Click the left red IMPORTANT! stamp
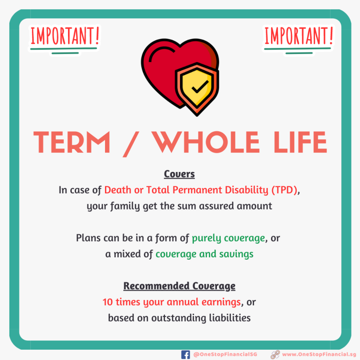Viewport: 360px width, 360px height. click(65, 36)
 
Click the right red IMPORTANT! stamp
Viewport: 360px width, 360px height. click(299, 36)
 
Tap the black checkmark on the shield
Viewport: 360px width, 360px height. click(200, 87)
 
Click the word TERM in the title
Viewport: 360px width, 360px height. click(72, 142)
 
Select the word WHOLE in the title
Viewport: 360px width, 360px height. click(206, 142)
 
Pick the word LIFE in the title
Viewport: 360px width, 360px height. click(300, 142)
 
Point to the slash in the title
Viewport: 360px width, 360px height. click(131, 144)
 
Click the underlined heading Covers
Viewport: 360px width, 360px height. click(180, 174)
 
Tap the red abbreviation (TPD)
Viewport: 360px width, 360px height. click(284, 190)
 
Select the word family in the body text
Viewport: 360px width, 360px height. click(125, 206)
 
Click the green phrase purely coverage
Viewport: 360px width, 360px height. click(228, 238)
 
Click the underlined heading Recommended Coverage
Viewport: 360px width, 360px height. click(180, 286)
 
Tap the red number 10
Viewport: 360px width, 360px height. click(108, 302)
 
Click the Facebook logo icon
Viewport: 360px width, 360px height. click(186, 355)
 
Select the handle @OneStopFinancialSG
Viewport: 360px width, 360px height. click(225, 354)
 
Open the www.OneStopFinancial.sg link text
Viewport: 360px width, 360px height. click(319, 354)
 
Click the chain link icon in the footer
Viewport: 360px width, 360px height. click(275, 355)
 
